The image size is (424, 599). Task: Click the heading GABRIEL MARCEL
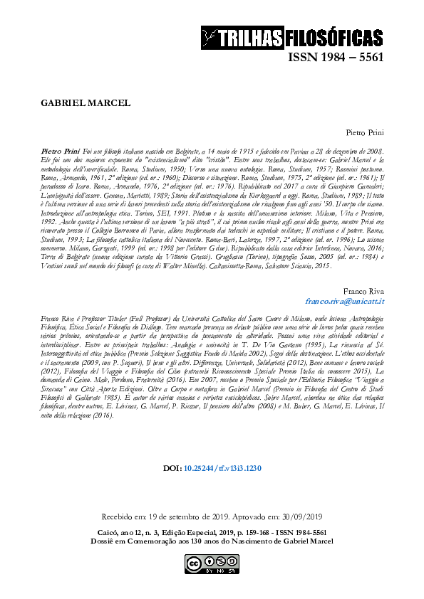point(86,102)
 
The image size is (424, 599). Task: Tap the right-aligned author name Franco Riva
point(364,291)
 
